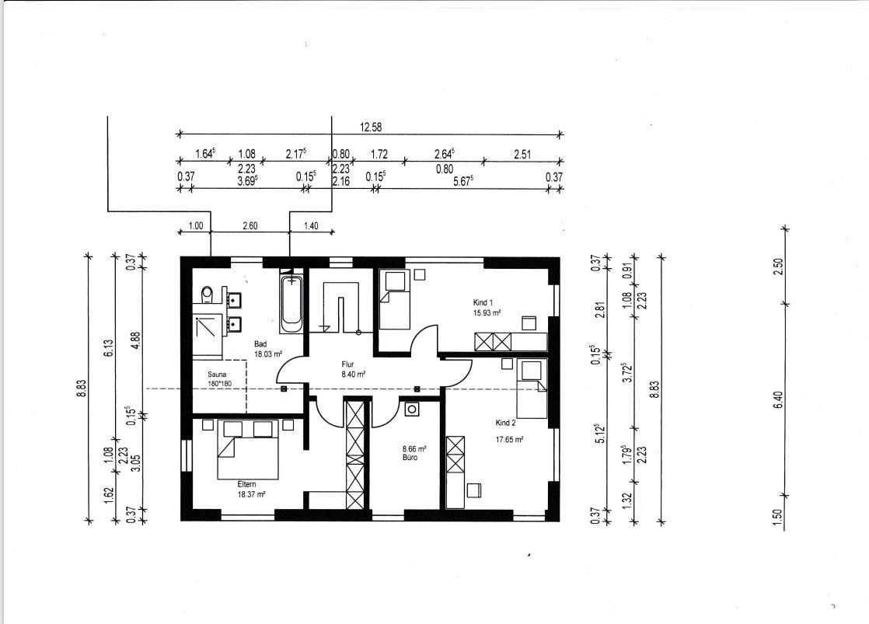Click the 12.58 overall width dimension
pos(371,127)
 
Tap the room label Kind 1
pos(483,302)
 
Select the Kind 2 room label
pos(505,423)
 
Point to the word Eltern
pos(246,484)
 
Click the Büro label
pos(410,458)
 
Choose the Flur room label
pos(347,364)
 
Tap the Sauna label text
pos(218,375)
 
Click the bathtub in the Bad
pos(291,302)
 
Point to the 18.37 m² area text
pos(252,494)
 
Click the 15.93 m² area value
pos(487,313)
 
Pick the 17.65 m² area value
pos(509,440)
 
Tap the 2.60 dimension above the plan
pos(250,226)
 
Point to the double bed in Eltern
pos(247,449)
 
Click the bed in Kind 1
pos(395,300)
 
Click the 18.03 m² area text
pos(268,354)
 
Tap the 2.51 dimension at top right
pos(522,155)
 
